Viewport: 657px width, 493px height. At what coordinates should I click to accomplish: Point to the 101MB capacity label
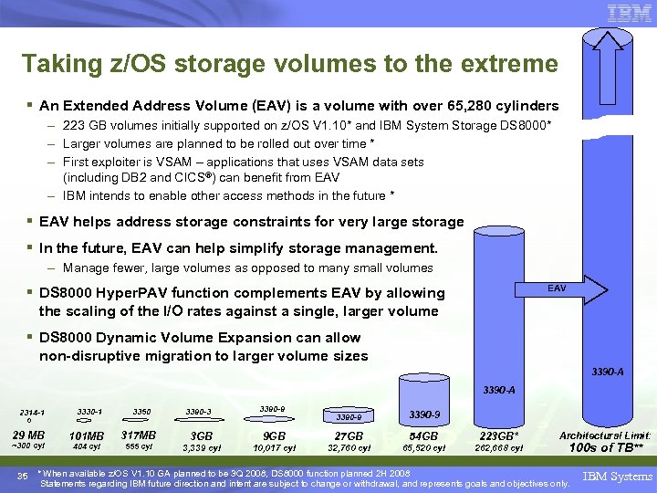[x=86, y=435]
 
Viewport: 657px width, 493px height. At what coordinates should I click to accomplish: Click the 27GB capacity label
[x=349, y=435]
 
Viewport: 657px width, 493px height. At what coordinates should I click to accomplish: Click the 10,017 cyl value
[x=275, y=447]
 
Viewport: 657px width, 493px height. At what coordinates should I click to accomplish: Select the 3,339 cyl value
[x=202, y=447]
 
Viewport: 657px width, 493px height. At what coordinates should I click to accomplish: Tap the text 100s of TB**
[x=603, y=447]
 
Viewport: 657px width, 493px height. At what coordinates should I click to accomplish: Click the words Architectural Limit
[x=604, y=435]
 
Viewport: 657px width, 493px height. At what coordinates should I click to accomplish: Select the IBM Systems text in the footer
[x=620, y=476]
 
